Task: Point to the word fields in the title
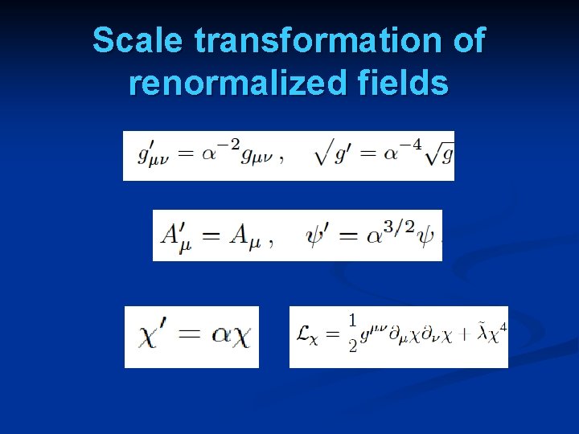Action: (x=408, y=82)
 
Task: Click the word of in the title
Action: (x=468, y=40)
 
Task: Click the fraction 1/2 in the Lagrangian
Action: (x=352, y=334)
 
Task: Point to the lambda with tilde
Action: (x=478, y=334)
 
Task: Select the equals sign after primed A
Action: (x=210, y=235)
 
